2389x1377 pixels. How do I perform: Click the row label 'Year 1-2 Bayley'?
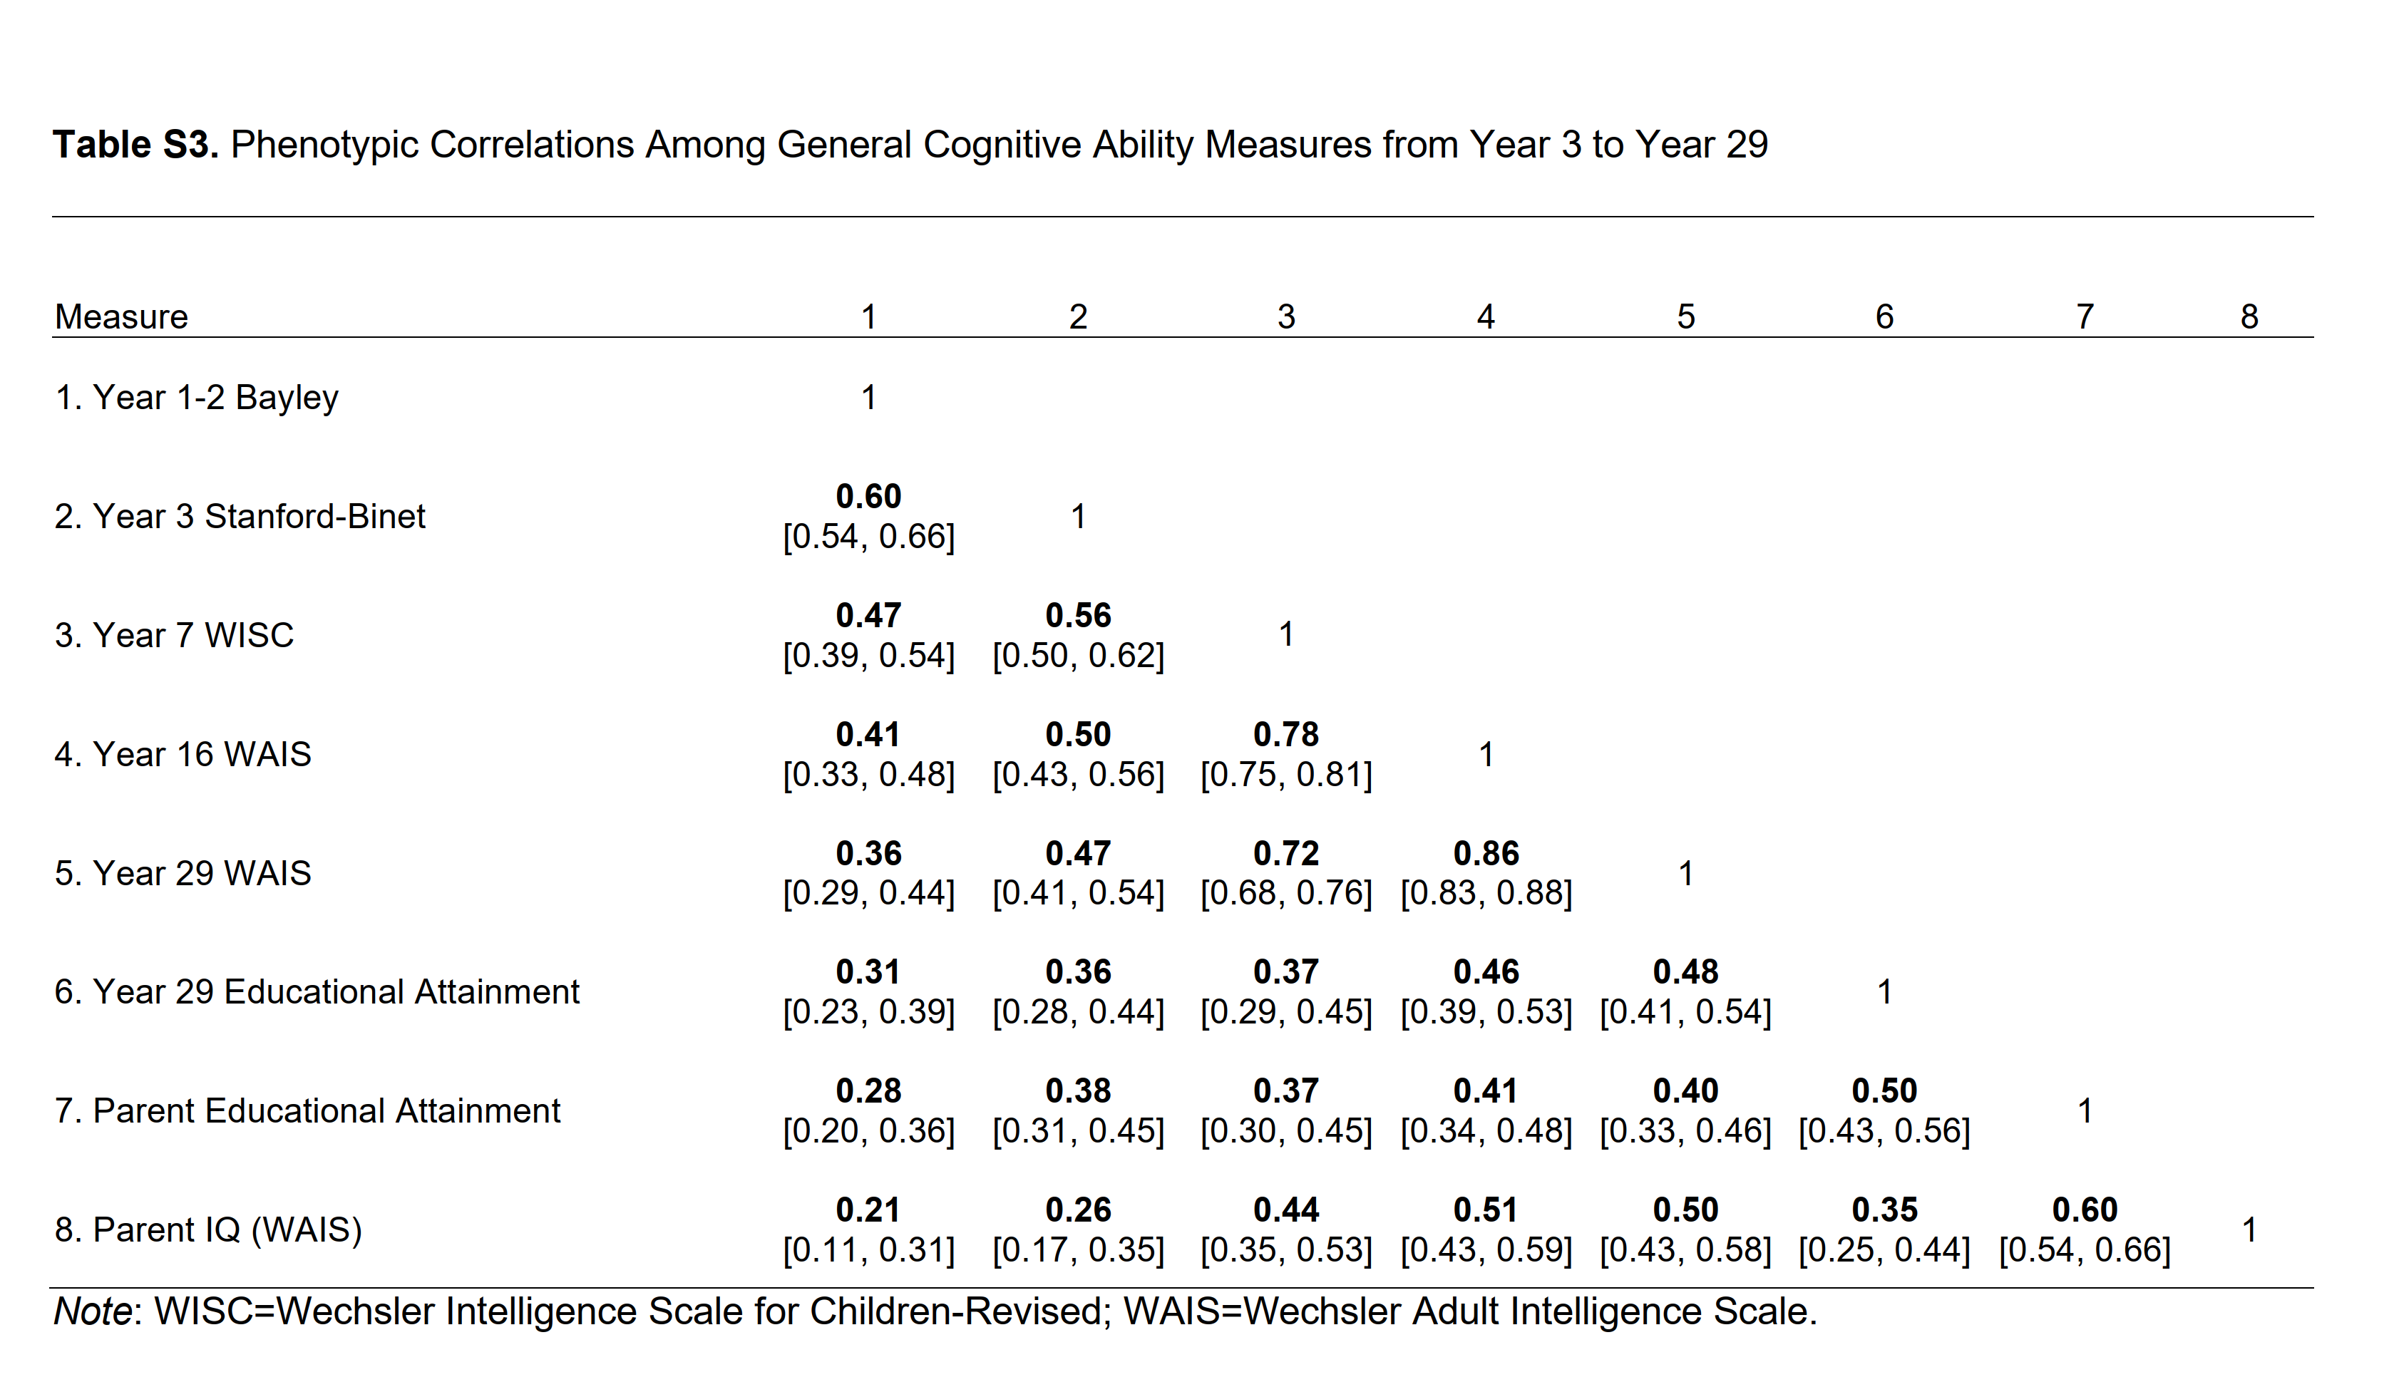[196, 397]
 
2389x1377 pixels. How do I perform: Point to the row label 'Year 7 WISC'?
[174, 634]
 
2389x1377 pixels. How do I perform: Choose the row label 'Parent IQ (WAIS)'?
[208, 1229]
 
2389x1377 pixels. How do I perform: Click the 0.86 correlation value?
[1486, 853]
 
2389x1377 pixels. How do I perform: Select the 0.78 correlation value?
[1285, 734]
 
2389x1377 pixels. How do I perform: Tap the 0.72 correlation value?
[1285, 853]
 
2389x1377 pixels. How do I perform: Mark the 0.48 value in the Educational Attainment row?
[1685, 971]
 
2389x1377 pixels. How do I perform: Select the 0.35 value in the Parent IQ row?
[1884, 1210]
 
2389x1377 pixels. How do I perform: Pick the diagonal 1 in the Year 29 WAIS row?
[1685, 873]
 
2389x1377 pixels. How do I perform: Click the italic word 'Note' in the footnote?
[92, 1311]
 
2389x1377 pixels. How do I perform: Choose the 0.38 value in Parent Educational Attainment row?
[1078, 1090]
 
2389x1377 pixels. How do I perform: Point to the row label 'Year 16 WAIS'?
[183, 754]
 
